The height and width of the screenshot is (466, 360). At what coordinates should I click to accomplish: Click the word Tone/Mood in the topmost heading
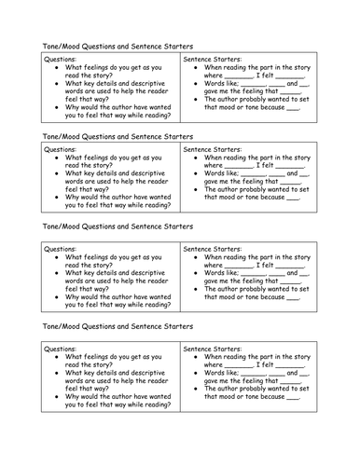66,45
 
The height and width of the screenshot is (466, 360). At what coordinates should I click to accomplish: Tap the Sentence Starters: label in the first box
219,59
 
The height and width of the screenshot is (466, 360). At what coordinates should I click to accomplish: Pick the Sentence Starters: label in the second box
219,149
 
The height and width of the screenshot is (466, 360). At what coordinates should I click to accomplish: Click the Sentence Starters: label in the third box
219,249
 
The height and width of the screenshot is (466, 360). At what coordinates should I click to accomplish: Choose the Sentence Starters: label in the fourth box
219,349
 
